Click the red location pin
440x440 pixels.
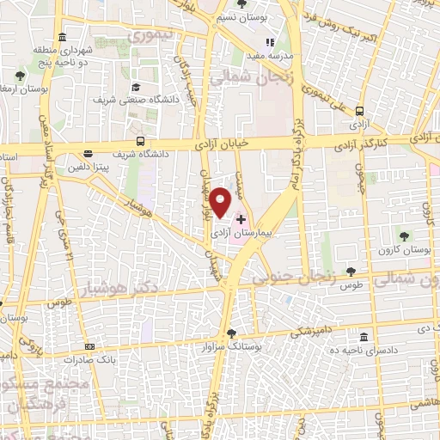[x=222, y=201]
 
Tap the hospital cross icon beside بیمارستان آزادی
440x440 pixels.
[x=241, y=219]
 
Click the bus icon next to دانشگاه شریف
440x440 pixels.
[x=140, y=143]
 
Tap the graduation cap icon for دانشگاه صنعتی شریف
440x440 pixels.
[x=137, y=88]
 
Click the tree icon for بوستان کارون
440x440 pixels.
[x=404, y=236]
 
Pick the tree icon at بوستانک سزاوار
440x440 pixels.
[x=230, y=333]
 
